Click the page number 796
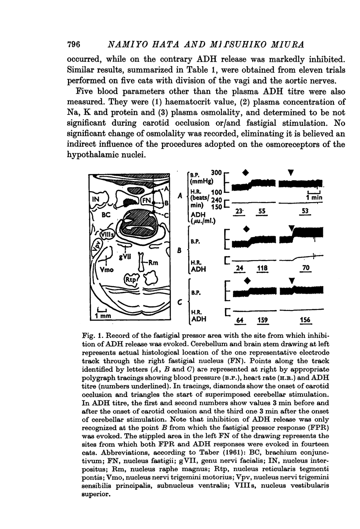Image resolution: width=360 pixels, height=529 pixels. point(75,44)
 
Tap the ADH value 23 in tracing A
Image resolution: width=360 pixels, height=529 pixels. point(240,212)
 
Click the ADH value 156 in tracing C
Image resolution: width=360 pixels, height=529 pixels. point(304,319)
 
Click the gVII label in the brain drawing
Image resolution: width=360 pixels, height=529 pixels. point(125,255)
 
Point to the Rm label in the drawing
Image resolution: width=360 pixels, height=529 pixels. point(153,262)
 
